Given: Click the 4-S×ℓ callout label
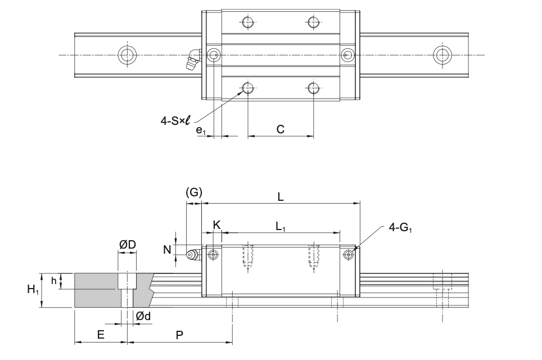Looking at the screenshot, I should (175, 120).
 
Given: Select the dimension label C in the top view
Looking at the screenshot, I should (280, 129).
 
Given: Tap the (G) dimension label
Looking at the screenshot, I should (193, 192).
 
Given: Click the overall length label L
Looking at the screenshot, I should (281, 197).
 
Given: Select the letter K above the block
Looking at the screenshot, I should (217, 225).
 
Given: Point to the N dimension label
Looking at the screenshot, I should (167, 249).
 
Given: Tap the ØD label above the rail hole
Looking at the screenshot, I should (127, 245).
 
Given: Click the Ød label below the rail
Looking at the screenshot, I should (143, 317).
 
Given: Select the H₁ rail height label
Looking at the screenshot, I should (33, 290).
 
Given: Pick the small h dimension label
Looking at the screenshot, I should (53, 281).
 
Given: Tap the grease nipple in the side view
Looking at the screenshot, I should (193, 255).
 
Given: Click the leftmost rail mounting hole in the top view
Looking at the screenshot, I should (127, 55).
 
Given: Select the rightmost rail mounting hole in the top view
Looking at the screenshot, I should (442, 55).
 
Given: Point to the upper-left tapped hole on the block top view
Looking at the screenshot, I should (247, 22).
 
